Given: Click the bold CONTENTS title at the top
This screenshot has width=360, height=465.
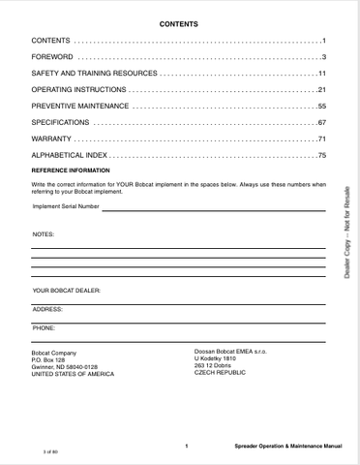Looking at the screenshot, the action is (x=179, y=22).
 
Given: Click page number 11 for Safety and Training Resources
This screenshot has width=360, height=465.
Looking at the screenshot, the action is (x=321, y=74).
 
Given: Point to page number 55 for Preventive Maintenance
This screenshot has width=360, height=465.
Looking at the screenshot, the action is (x=321, y=107).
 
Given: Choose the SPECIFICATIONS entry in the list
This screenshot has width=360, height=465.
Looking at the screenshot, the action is (x=61, y=123).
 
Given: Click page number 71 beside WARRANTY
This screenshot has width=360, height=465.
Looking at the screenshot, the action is (x=321, y=139).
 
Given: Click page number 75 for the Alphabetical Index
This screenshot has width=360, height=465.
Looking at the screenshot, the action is (x=321, y=156).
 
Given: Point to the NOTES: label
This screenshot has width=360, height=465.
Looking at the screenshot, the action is (x=44, y=234).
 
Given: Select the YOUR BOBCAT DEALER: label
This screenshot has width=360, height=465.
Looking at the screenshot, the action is (x=67, y=290).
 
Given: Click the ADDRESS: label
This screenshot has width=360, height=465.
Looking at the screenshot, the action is (x=47, y=309).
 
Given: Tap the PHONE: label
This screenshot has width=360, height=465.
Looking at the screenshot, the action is (x=44, y=328).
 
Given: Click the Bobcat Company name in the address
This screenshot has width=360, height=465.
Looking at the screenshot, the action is (x=54, y=353).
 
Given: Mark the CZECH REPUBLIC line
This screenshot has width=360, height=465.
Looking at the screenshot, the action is (x=222, y=373).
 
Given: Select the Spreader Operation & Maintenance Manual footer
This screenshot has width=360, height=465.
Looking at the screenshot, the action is (x=287, y=447).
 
